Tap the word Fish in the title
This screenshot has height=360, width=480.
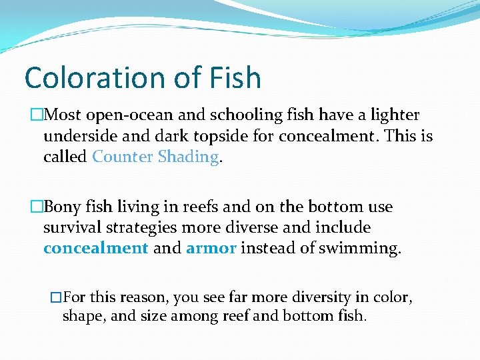coord(233,78)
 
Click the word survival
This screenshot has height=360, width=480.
coord(70,227)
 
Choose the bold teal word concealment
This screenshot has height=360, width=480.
coord(95,248)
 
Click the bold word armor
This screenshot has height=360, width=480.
coord(211,248)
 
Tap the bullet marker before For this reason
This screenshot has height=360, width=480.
coord(56,297)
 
